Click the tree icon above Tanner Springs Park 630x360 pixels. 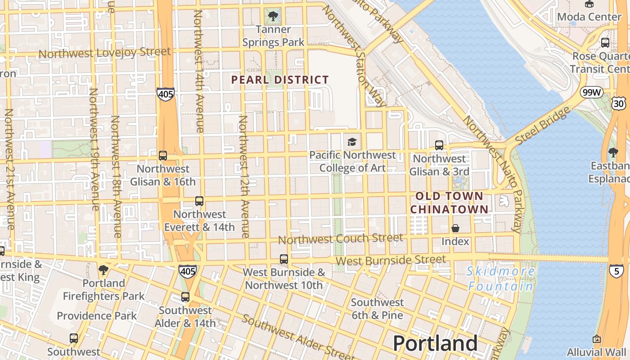[273, 17]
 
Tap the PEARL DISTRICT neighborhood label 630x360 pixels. [280, 80]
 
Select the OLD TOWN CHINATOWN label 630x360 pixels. [449, 202]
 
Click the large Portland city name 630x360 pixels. [435, 343]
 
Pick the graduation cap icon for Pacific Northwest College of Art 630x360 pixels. [352, 142]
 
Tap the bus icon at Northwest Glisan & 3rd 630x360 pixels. [439, 145]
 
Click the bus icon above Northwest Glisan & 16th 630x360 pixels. [163, 156]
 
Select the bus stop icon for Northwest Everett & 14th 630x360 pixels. [199, 201]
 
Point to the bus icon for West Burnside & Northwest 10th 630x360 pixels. [284, 259]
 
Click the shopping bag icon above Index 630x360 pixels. [455, 228]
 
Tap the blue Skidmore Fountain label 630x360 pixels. [501, 279]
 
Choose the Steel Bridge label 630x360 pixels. [540, 126]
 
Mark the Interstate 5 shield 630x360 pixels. [616, 270]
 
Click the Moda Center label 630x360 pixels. [589, 17]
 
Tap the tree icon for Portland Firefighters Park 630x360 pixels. [103, 270]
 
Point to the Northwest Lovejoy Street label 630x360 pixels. [104, 53]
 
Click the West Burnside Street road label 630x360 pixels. [391, 260]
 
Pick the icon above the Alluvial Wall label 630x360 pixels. [597, 339]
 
